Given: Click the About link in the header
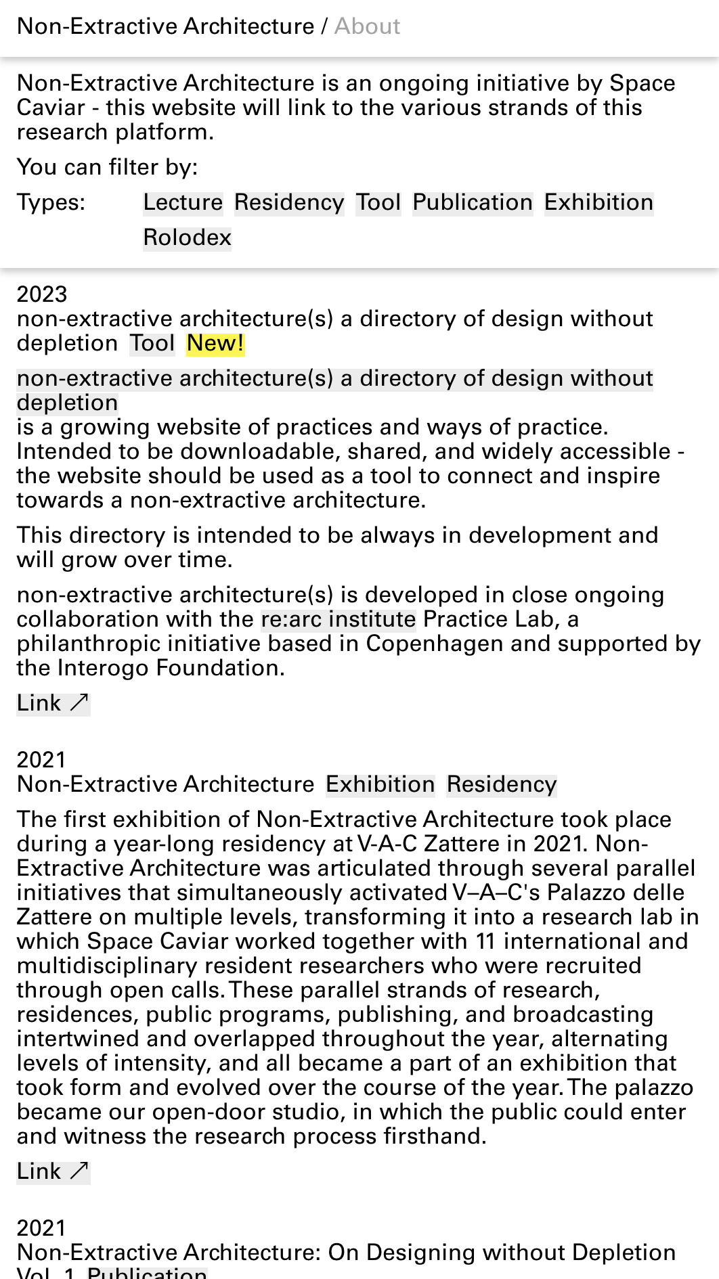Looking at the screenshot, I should click(367, 26).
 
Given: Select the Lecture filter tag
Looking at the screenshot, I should click(183, 203).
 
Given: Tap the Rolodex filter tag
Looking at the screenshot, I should click(187, 238).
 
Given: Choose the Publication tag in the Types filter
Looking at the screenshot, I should click(473, 203).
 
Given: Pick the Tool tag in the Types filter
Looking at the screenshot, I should click(378, 203).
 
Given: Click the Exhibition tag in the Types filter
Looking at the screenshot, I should click(598, 203).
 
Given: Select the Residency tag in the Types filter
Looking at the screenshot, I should click(289, 203).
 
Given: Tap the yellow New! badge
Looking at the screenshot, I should click(215, 344).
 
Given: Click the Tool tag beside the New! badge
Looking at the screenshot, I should click(152, 344).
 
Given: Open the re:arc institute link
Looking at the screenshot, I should click(338, 620).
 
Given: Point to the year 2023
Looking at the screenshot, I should click(42, 294).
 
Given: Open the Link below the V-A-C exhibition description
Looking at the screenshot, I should click(53, 1172).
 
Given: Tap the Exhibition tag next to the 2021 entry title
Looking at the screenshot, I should click(380, 785).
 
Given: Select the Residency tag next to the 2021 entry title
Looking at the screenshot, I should click(501, 785).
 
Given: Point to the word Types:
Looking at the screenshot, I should click(51, 203).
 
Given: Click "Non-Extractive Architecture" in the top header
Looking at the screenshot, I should click(165, 26).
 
